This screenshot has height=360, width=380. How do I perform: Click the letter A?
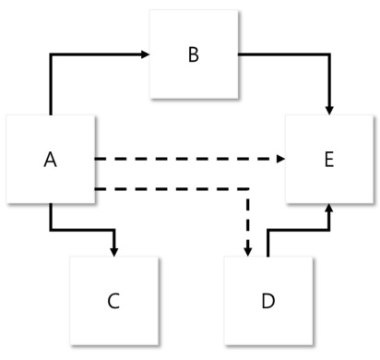pyautogui.click(x=51, y=160)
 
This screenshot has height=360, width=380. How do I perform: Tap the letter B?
pyautogui.click(x=193, y=54)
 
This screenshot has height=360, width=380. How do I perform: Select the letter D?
pyautogui.click(x=267, y=301)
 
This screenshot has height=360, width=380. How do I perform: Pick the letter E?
pyautogui.click(x=328, y=160)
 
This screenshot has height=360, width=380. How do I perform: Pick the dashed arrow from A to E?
pyautogui.click(x=184, y=160)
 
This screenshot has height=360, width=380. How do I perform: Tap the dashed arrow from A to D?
pyautogui.click(x=184, y=191)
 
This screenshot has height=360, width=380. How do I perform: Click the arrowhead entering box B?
pyautogui.click(x=145, y=54)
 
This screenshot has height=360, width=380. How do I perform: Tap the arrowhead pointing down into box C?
pyautogui.click(x=113, y=249)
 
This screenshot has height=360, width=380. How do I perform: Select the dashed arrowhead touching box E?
pyautogui.click(x=280, y=160)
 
